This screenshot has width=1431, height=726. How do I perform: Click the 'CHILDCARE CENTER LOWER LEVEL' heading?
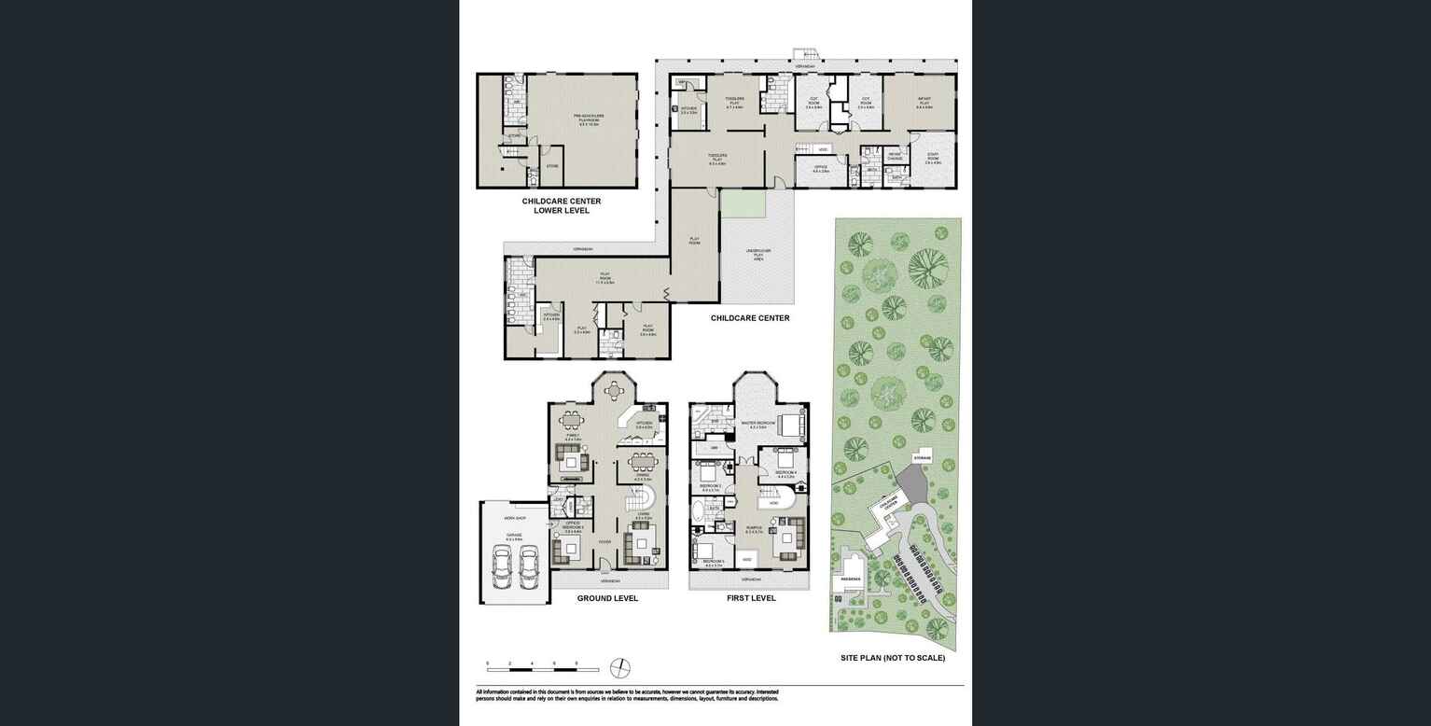(x=561, y=205)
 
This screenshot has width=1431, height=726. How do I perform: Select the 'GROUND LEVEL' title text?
(x=607, y=598)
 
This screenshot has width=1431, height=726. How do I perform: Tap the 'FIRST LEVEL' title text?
(x=751, y=598)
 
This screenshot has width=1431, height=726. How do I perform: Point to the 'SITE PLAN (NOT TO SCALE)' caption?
(x=892, y=658)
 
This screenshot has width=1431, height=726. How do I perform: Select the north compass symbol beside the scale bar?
(x=619, y=668)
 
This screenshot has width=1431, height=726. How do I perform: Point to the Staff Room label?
(x=932, y=160)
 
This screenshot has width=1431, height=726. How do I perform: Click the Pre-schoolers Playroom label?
(x=589, y=118)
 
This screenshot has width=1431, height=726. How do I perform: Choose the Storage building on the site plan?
(x=922, y=458)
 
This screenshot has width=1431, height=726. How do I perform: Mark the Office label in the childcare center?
(x=820, y=169)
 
